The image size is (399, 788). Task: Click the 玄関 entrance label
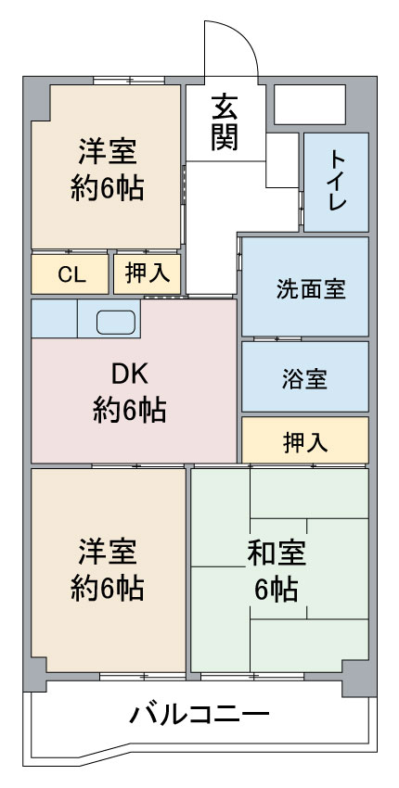(225, 122)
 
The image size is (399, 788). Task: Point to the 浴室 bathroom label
(305, 379)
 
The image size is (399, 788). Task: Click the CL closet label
(71, 274)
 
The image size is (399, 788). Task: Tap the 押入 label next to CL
(147, 273)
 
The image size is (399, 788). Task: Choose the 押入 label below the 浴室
(305, 443)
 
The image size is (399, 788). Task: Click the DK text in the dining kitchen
(129, 374)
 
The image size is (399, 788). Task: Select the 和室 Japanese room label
(277, 553)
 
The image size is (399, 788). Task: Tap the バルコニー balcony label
(199, 714)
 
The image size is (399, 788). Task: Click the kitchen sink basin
(116, 322)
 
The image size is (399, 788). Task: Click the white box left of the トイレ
(282, 160)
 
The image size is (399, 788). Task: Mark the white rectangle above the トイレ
(309, 105)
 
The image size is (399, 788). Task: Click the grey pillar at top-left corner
(36, 98)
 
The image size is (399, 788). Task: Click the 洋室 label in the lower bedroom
(107, 551)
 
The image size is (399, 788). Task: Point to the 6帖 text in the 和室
(277, 590)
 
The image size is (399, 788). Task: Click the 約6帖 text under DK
(129, 411)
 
